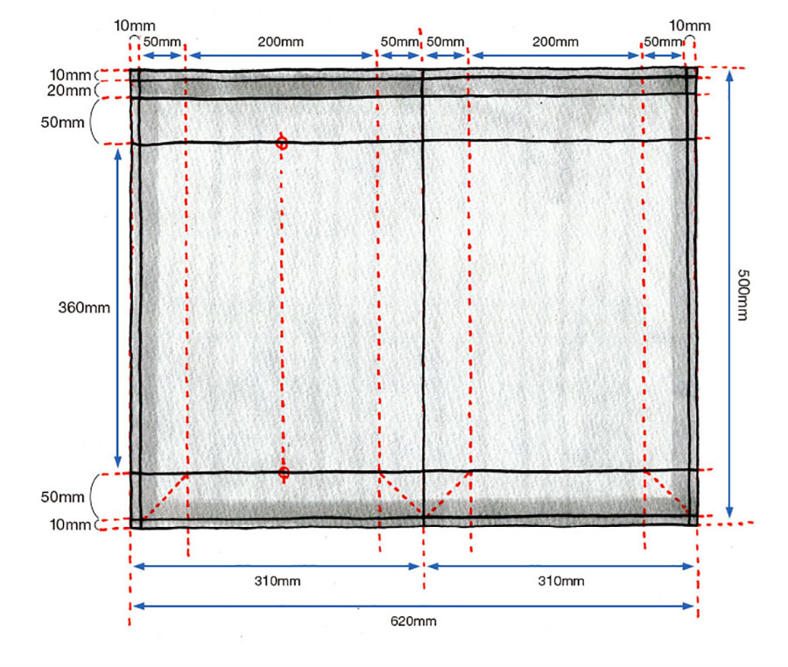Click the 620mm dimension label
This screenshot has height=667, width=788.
(x=413, y=621)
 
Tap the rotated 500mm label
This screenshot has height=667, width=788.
(x=742, y=295)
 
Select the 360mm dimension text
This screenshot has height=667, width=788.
(x=84, y=307)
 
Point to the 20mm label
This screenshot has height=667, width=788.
(x=69, y=90)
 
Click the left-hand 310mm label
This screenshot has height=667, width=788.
(x=278, y=581)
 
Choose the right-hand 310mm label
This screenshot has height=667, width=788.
(x=561, y=581)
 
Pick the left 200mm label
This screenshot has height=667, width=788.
(x=281, y=42)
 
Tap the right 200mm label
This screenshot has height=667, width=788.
(x=555, y=42)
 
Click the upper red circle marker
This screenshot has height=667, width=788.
(x=282, y=144)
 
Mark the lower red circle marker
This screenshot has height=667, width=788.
(x=284, y=473)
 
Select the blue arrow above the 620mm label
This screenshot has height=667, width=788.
(x=413, y=607)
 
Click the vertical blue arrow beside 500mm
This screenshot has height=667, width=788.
(x=729, y=294)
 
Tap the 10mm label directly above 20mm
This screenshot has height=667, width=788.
(x=70, y=74)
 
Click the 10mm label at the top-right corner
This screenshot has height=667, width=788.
(x=690, y=25)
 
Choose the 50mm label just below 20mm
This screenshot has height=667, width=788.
(x=62, y=122)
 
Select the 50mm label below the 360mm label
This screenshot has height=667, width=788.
(x=62, y=496)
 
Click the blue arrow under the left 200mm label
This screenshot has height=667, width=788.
(x=281, y=55)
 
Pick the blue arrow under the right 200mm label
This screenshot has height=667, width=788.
(x=555, y=55)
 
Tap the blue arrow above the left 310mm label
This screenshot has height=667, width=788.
(x=277, y=566)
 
